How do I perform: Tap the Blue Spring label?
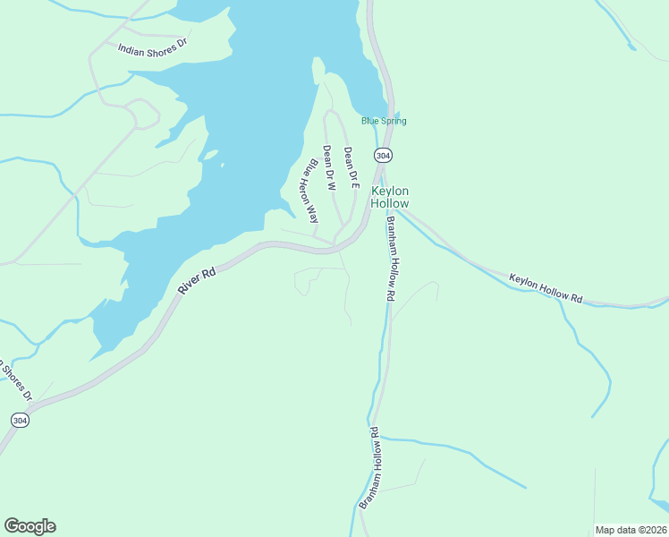384,121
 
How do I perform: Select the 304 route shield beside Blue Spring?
383,155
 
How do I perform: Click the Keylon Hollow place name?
390,197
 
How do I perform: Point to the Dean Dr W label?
328,169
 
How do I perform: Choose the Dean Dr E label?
351,167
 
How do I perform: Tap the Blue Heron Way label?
309,191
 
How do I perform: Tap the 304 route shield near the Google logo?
20,419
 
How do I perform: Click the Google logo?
30,526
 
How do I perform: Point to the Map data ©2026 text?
631,529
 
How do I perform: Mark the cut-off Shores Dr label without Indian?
16,379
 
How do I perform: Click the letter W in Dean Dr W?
330,186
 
